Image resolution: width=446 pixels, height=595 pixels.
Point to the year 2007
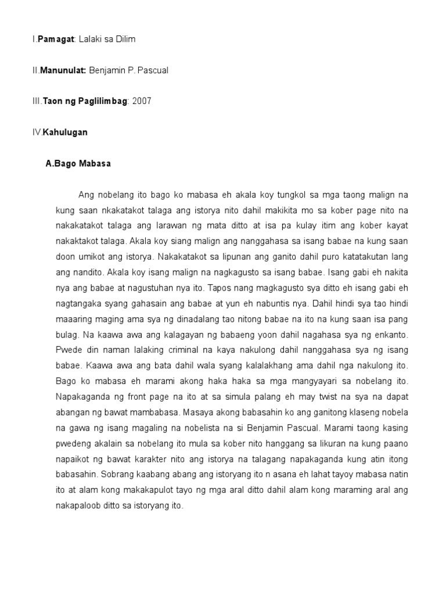(142, 101)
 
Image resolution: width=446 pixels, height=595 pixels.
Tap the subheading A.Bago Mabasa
(78, 164)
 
